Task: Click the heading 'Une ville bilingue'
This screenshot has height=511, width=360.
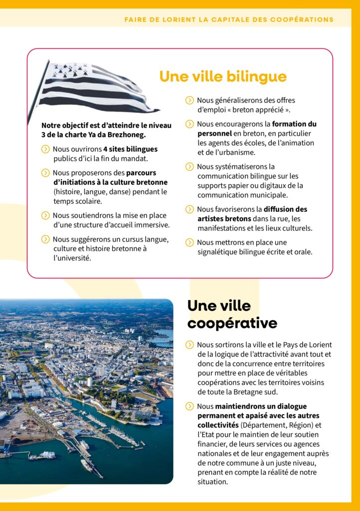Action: click(x=223, y=76)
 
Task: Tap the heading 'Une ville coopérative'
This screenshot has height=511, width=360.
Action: click(x=232, y=314)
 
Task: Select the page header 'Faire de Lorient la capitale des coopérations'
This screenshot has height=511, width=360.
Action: click(x=229, y=20)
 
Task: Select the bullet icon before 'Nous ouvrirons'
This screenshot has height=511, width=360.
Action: click(x=45, y=149)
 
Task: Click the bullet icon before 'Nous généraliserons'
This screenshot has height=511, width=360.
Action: click(x=189, y=100)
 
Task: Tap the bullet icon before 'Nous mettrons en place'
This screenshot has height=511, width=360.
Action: click(x=189, y=243)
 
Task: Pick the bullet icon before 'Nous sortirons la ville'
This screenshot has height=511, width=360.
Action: click(x=189, y=345)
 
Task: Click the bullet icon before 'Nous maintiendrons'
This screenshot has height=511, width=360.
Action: click(x=189, y=406)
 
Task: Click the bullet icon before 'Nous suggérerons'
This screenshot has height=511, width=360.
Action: click(x=45, y=240)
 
